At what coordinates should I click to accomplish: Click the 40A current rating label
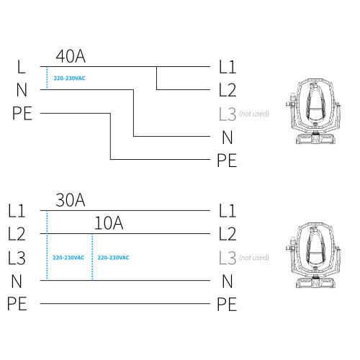point(71,56)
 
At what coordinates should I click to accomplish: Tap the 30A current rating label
point(71,200)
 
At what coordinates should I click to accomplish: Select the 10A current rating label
point(109,223)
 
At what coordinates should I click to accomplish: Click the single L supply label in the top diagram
point(22,67)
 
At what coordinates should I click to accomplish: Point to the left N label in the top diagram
point(22,90)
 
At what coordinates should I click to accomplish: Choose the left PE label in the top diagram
point(22,113)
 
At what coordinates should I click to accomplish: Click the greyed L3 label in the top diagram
point(228,114)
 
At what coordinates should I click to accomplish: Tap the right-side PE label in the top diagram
point(227,161)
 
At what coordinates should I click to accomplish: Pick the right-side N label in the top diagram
point(228,138)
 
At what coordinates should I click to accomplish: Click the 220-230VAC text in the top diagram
point(69,78)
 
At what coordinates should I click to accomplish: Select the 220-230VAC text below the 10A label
point(113,258)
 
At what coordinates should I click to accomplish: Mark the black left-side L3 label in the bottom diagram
point(17,258)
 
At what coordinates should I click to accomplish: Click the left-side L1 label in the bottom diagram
point(17,211)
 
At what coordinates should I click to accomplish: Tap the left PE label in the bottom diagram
point(17,304)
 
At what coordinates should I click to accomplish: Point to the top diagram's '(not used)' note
point(254,114)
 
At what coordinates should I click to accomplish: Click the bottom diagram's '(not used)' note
point(254,258)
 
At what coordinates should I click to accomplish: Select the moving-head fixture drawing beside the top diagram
point(313,111)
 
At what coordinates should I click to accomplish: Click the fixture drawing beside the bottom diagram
point(313,255)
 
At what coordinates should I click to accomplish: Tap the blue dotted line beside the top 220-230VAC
point(47,78)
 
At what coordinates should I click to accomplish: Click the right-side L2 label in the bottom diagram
point(228,234)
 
